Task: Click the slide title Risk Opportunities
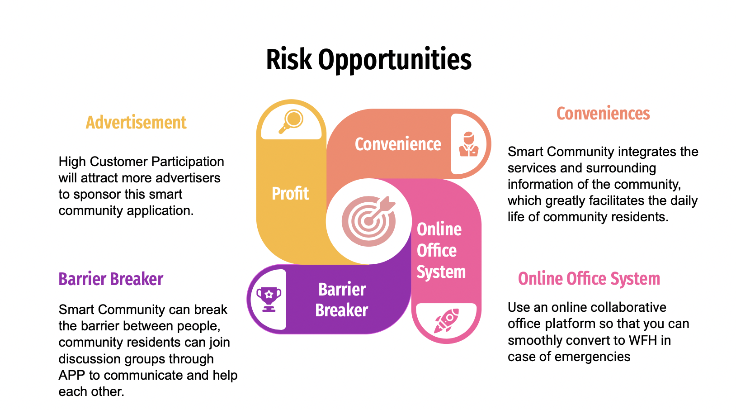point(368,60)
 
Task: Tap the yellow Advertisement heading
point(136,123)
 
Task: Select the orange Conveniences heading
point(603,114)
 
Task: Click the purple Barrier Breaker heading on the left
point(111,279)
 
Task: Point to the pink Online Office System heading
point(589,279)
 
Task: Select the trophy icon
point(269,299)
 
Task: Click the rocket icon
point(446,321)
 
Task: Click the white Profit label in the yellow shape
point(290,193)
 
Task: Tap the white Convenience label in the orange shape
point(398,144)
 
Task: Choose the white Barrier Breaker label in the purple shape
point(342,300)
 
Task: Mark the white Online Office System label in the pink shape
point(441,251)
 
